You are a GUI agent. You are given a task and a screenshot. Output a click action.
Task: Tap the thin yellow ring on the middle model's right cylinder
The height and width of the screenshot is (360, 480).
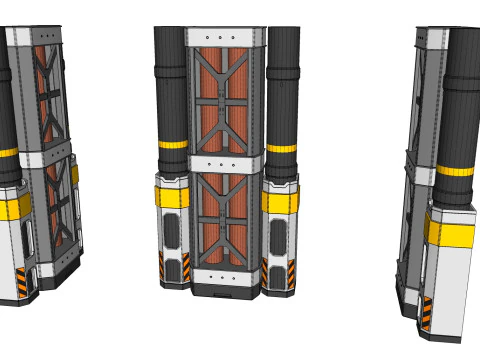pos(283,148)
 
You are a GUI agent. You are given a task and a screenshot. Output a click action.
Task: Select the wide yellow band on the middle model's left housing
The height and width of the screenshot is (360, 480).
pos(171,196)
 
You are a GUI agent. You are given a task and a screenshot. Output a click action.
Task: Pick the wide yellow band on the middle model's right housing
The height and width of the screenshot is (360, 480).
pos(279,202)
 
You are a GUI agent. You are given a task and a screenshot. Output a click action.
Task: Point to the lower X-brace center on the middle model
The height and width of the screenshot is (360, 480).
pos(224,217)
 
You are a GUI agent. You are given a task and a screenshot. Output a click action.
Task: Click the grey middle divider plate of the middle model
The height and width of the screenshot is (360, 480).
pos(224,162)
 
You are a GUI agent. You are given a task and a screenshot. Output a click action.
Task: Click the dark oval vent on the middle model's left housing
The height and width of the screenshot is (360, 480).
pos(173,231)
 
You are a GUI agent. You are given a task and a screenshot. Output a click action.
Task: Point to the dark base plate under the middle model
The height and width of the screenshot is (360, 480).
pos(224,290)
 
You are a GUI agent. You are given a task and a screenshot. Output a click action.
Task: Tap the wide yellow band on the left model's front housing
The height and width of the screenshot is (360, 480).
pos(14,207)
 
